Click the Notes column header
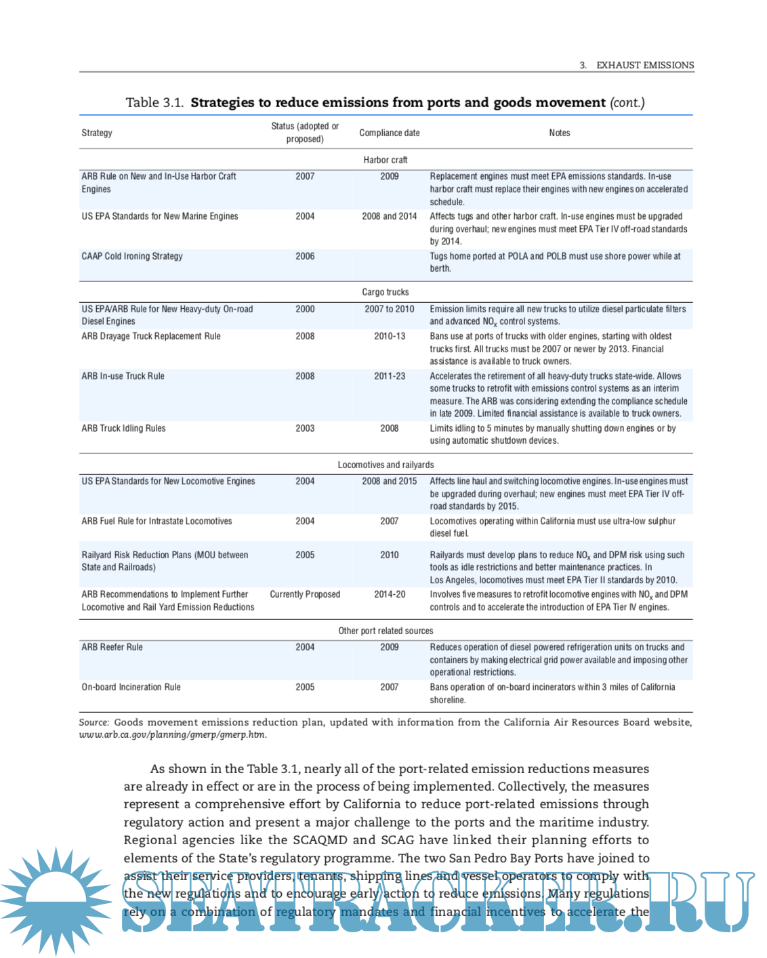coord(559,133)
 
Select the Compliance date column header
coord(389,133)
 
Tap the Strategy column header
coord(97,133)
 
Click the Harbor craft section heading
coord(385,160)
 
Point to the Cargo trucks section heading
coord(385,292)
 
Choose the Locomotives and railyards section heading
coord(385,465)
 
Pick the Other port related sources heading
coord(385,631)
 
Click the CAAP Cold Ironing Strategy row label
coord(132,256)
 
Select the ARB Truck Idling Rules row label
coord(123,428)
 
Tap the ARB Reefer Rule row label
coord(112,647)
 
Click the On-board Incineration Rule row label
coord(131,687)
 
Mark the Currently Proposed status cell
coord(305,594)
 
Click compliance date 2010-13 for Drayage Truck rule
coord(390,336)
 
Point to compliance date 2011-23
coord(390,376)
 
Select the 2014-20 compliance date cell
coord(390,594)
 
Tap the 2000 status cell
coord(305,309)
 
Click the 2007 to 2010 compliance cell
coord(390,309)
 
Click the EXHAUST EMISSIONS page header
coord(644,65)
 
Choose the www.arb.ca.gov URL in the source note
coord(172,734)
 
